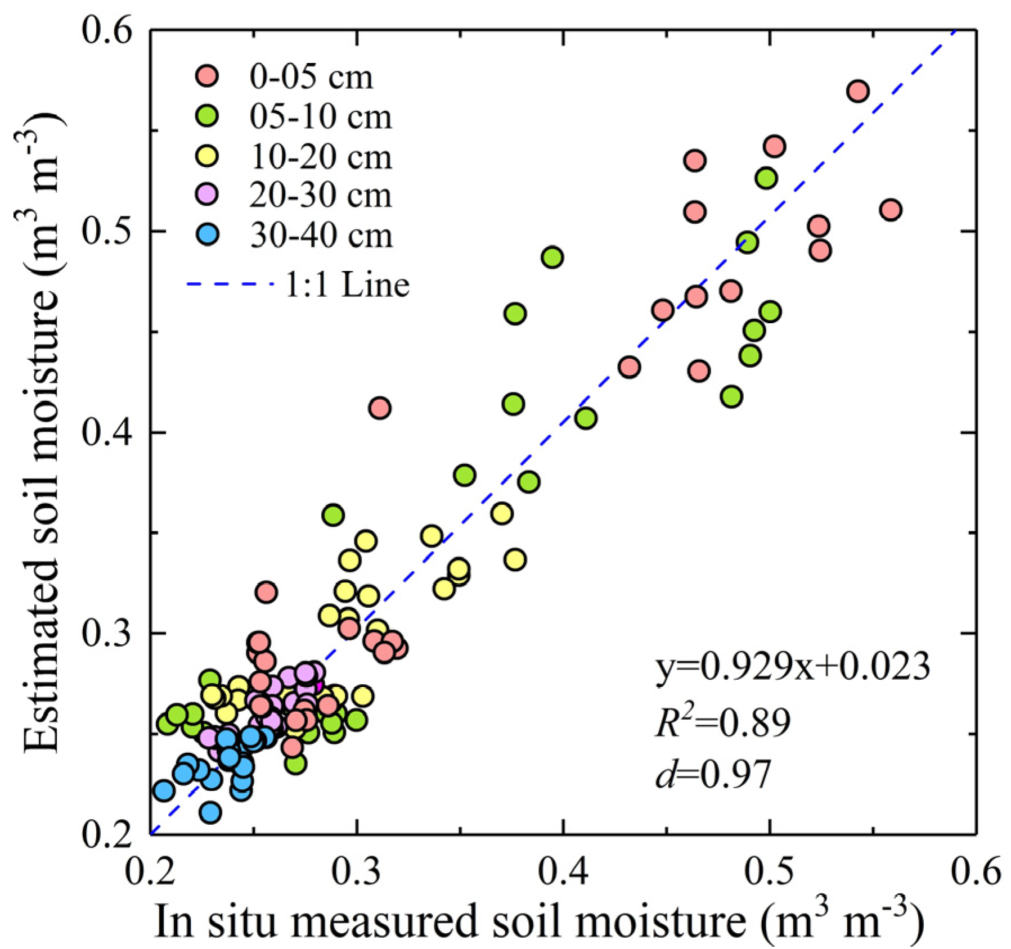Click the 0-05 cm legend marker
tap(207, 76)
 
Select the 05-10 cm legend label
tap(321, 117)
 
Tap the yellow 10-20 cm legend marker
tap(207, 156)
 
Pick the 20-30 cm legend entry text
tap(321, 195)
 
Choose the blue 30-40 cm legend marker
tap(207, 234)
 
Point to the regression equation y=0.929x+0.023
tap(792, 667)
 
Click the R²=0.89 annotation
tap(723, 722)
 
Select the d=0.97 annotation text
tap(713, 774)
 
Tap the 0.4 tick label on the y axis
tap(107, 432)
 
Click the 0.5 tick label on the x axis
tap(769, 871)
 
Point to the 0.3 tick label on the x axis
tap(357, 871)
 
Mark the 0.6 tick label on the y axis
tap(107, 29)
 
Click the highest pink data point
tap(859, 91)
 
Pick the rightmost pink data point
tap(891, 210)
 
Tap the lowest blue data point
tap(210, 812)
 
